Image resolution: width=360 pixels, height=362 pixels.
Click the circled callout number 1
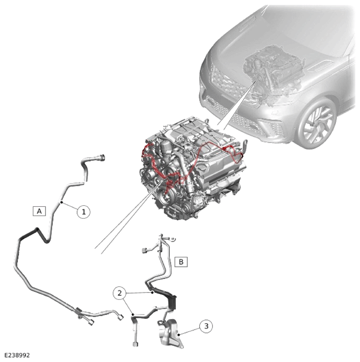83,212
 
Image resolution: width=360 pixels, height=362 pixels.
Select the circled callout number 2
119,293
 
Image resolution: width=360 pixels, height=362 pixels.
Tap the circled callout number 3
206,326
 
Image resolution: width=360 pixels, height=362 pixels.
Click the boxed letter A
39,211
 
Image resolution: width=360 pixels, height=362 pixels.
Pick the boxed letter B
181,262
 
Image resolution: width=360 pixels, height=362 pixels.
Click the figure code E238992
17,355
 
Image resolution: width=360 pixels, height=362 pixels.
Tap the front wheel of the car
317,123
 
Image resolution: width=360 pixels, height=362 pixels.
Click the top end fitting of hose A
101,158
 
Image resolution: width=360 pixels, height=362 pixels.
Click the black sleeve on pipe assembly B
166,297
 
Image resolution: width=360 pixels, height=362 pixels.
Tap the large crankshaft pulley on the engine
165,198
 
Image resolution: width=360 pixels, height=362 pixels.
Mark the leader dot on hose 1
62,202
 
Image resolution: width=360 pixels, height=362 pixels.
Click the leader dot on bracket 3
178,334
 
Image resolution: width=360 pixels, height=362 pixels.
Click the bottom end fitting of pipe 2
136,344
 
